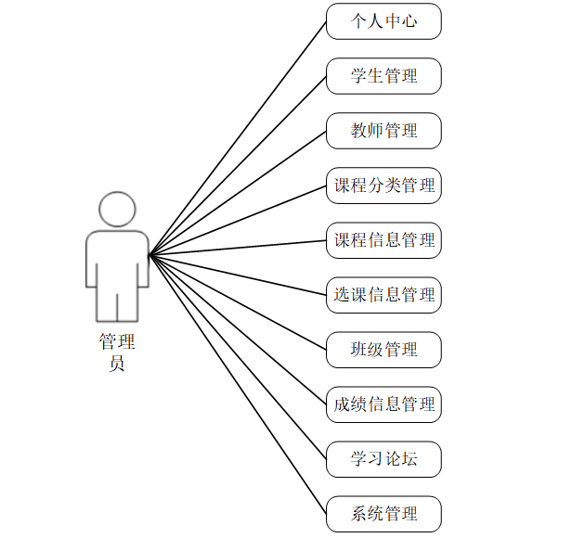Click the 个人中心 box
click(383, 21)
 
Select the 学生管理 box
click(383, 76)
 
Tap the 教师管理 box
click(383, 131)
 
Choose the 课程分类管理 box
click(383, 186)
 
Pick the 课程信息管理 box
click(383, 240)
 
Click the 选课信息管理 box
click(383, 295)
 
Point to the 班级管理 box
click(383, 350)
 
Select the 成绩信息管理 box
click(383, 404)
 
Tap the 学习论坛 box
click(383, 459)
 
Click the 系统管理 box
click(383, 514)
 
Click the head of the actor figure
click(117, 210)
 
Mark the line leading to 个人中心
click(238, 138)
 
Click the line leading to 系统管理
click(238, 384)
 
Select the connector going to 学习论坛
click(238, 357)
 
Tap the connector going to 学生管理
click(238, 165)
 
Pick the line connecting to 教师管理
click(238, 193)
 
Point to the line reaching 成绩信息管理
click(238, 329)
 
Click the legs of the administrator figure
click(117, 301)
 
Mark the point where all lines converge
click(149, 254)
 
